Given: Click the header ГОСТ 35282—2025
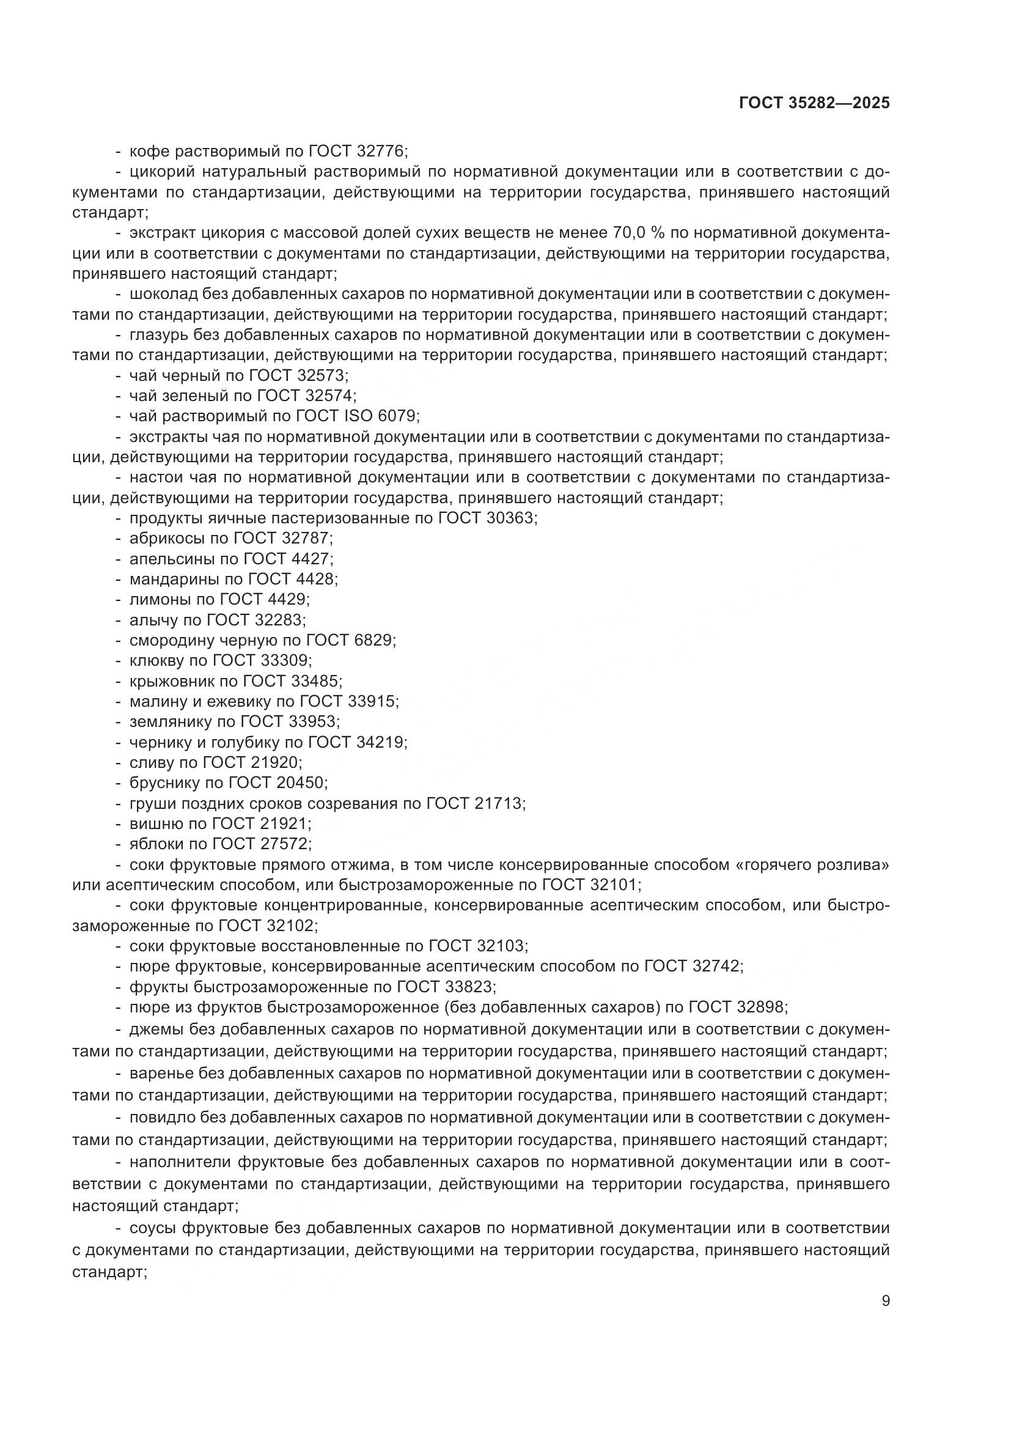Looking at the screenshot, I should click(814, 103).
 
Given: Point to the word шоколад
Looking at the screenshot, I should click(156, 294).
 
